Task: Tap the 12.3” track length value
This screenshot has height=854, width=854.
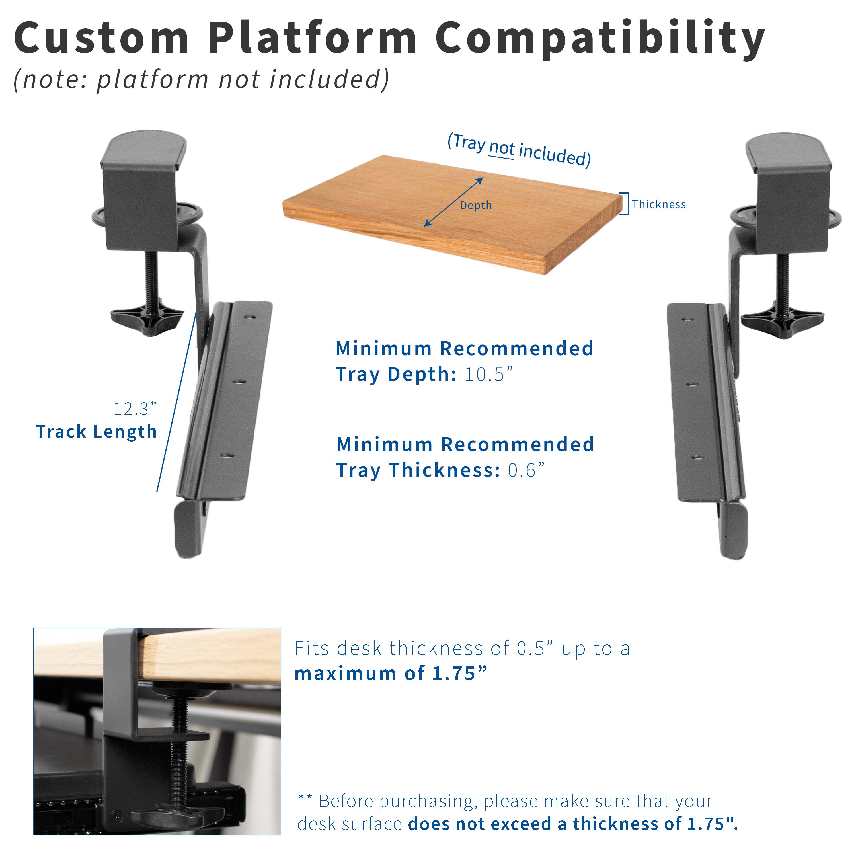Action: [x=135, y=409]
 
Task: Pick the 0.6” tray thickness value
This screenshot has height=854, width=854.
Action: [x=526, y=470]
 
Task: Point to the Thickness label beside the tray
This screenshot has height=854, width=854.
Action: [x=659, y=204]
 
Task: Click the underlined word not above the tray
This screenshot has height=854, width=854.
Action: [x=502, y=148]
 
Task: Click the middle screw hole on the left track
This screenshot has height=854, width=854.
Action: [x=239, y=381]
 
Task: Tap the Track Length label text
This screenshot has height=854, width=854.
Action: [x=97, y=432]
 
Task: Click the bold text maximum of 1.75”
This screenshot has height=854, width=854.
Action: [x=391, y=674]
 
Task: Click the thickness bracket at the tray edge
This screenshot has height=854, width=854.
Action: [x=625, y=204]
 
